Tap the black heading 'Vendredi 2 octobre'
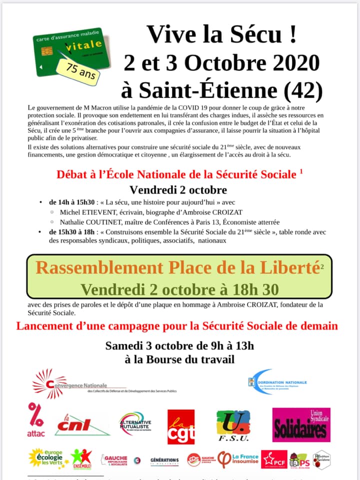[178, 190]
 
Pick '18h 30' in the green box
[253, 289]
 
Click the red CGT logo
[180, 426]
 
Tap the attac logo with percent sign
[36, 420]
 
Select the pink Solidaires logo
[301, 425]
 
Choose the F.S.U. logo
[233, 426]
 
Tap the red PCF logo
[273, 459]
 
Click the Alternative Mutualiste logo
[135, 423]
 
